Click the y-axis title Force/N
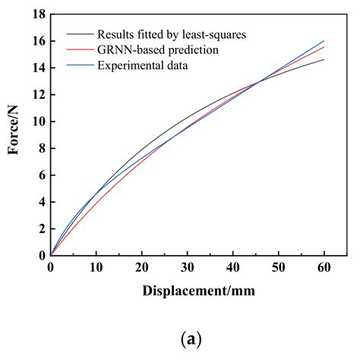coord(14,135)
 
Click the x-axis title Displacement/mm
coord(197,291)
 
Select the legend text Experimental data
coord(144,65)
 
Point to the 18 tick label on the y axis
coord(39,14)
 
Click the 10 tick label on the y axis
coord(39,122)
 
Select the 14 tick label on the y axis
coord(39,68)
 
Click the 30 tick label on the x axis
coord(187,267)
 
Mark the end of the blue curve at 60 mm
coord(324,41)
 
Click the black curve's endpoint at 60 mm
coord(324,60)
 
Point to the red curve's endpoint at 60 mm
coord(324,47)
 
